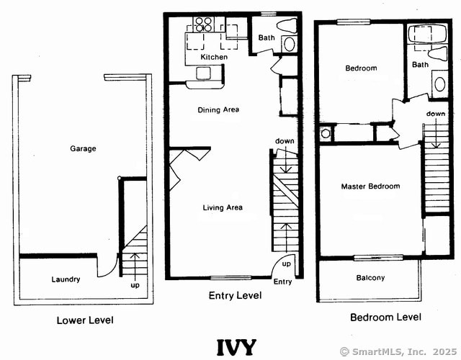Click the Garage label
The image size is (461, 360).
83,149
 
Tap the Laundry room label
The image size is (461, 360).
66,279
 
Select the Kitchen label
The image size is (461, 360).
214,57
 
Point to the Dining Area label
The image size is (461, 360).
219,110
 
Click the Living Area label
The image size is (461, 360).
223,208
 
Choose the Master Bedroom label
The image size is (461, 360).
370,186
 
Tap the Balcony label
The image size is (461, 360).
370,278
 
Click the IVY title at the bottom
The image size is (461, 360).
236,346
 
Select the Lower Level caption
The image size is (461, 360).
85,320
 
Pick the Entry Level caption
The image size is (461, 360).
235,295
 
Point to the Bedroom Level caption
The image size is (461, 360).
385,317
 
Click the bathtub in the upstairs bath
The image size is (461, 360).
419,35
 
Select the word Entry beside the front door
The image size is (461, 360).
283,282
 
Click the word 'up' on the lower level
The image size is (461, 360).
135,286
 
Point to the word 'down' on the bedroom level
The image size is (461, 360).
435,114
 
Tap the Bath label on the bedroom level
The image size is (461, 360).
420,65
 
